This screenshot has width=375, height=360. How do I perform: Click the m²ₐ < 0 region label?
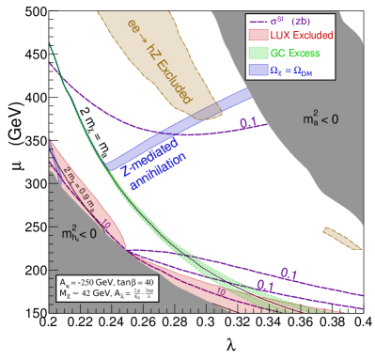pyautogui.click(x=319, y=119)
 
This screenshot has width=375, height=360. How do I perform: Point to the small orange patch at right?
pyautogui.click(x=340, y=237)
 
